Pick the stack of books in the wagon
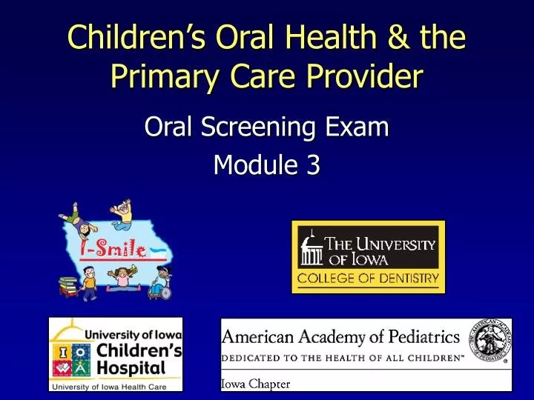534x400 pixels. (x=70, y=285)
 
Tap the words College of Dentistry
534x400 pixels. (x=368, y=280)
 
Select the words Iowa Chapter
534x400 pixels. (x=257, y=384)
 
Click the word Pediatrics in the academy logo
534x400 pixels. (x=415, y=338)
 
